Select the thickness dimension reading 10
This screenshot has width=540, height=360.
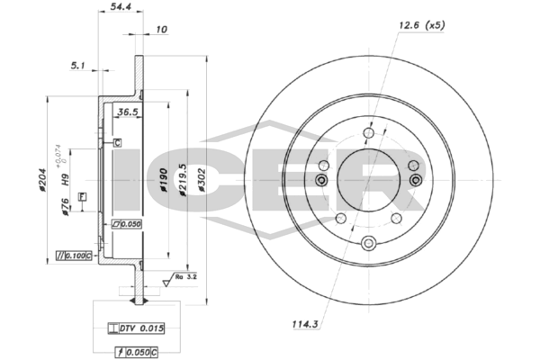coord(161,29)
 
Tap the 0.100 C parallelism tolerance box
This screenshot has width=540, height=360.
coord(74,256)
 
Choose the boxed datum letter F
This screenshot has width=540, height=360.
coord(82,195)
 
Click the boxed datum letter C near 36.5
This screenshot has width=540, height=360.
coord(116,141)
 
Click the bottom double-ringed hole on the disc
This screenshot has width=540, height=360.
coord(368,242)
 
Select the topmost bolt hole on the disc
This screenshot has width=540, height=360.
coord(368,134)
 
